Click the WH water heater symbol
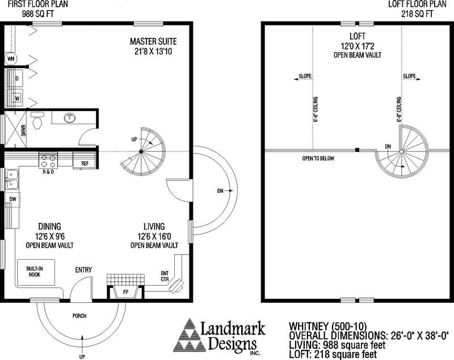point(11,58)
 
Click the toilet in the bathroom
point(37,121)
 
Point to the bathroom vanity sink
point(70,118)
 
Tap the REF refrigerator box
point(85,163)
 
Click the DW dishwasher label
point(12,199)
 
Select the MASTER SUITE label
point(153,41)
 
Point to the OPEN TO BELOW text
point(318,158)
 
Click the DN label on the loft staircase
point(388,146)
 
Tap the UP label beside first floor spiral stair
point(134,139)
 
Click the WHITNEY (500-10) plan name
point(321,326)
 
